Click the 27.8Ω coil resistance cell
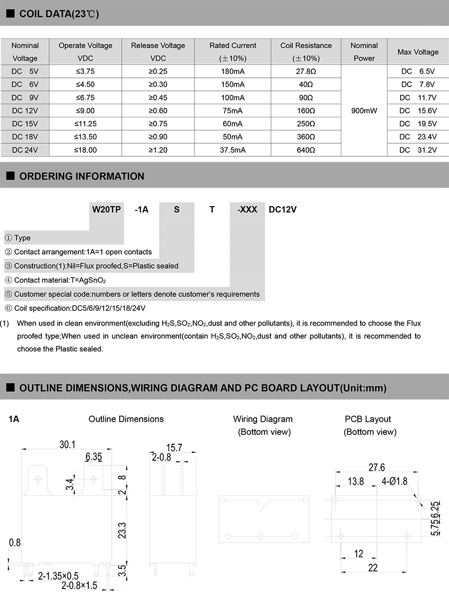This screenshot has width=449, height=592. pyautogui.click(x=305, y=71)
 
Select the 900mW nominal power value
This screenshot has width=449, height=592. pyautogui.click(x=364, y=111)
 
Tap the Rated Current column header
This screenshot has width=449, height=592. pyautogui.click(x=232, y=46)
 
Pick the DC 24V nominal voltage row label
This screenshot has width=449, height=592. pyautogui.click(x=25, y=150)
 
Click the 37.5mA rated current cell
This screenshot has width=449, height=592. pyautogui.click(x=232, y=150)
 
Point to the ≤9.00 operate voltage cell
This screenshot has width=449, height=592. pyautogui.click(x=86, y=111)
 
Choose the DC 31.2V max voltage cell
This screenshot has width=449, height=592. pyautogui.click(x=418, y=150)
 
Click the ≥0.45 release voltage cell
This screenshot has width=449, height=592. pyautogui.click(x=158, y=97)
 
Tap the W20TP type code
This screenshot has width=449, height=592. pyautogui.click(x=106, y=210)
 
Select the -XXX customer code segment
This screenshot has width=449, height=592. pyautogui.click(x=247, y=210)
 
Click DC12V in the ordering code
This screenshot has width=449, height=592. pyautogui.click(x=283, y=210)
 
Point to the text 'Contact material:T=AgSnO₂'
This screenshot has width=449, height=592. pyautogui.click(x=59, y=280)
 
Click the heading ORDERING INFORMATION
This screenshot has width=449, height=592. pyautogui.click(x=81, y=176)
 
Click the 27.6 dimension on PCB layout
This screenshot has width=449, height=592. pyautogui.click(x=377, y=467)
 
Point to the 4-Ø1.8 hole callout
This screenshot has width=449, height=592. pyautogui.click(x=395, y=482)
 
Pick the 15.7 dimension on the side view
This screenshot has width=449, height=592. pyautogui.click(x=174, y=448)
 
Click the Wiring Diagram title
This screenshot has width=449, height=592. pyautogui.click(x=263, y=419)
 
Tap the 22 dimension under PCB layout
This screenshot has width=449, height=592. pyautogui.click(x=373, y=568)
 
